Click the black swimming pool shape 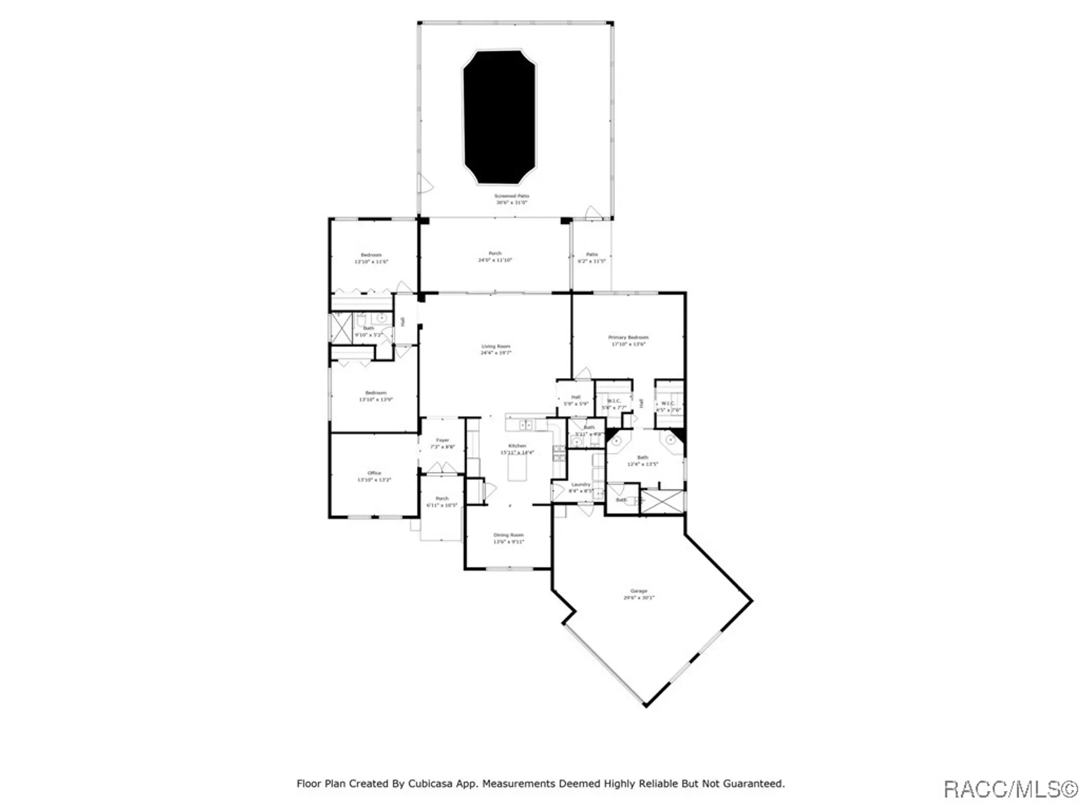coord(499,117)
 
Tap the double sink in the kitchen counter coord(525,426)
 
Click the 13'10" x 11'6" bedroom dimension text coord(371,262)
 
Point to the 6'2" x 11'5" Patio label coord(591,257)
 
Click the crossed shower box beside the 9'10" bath coord(341,328)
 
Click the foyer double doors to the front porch coord(442,468)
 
